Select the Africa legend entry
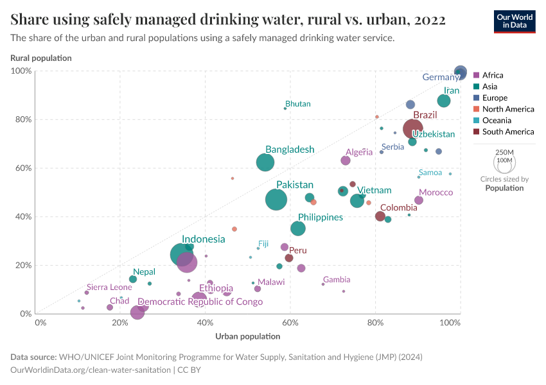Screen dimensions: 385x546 (493, 75)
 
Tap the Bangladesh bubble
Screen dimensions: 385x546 (265, 162)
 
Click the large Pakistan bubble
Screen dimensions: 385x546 (276, 200)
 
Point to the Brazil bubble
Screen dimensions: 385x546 (414, 129)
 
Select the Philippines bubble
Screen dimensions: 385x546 (298, 228)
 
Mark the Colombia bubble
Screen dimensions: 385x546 (380, 216)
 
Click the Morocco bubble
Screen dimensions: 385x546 (419, 200)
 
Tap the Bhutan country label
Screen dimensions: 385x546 (297, 104)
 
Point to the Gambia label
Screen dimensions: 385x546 (337, 280)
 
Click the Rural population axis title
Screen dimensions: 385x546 (41, 58)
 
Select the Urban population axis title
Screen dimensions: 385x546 (248, 336)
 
